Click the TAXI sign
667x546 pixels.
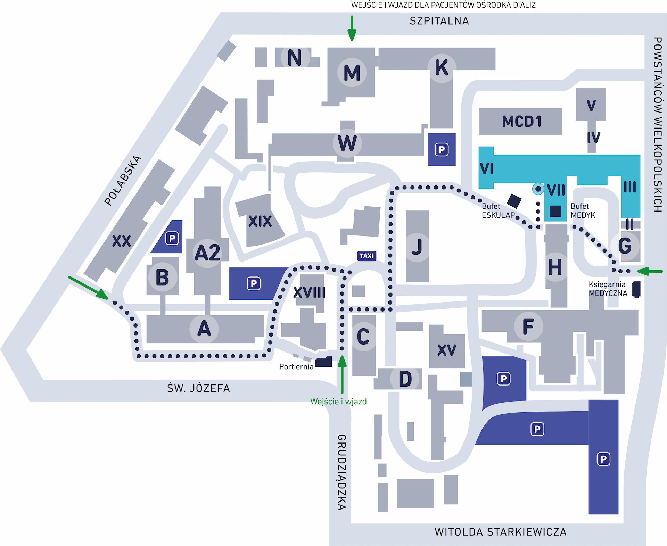pos(367,256)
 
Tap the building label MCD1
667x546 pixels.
pos(522,122)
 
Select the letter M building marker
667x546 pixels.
pos(352,73)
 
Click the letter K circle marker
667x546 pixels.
pos(442,68)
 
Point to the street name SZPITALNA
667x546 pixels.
pos(439,21)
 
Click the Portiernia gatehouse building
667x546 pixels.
pos(324,362)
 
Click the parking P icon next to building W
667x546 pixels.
pos(442,150)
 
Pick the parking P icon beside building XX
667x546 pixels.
pos(172,238)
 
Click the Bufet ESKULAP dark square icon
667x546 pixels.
pos(514,201)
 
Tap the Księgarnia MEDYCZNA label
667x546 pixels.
pos(608,289)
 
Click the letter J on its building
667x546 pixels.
pos(417,247)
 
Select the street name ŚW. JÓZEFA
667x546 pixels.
pos(198,388)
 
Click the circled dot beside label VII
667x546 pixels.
pos(538,189)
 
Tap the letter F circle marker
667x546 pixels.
pos(528,326)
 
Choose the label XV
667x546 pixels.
pos(447,350)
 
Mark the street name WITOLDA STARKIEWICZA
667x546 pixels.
pos(500,532)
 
